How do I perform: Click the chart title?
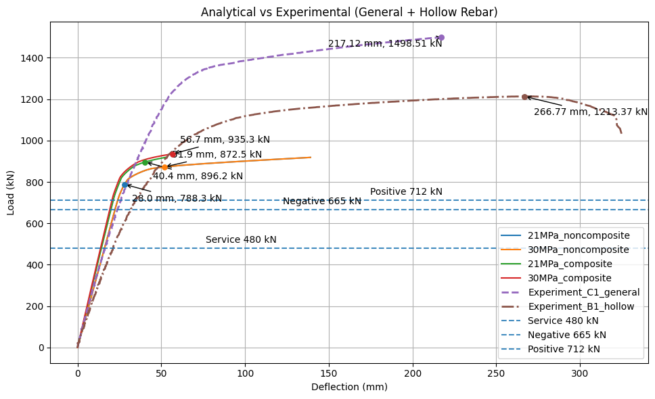(349, 11)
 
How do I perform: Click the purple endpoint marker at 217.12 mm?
(441, 38)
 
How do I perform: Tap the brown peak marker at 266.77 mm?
(524, 97)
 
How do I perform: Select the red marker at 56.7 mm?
(173, 154)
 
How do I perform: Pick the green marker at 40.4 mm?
(145, 162)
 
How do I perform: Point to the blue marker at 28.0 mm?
(125, 185)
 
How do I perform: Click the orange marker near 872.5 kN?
(164, 167)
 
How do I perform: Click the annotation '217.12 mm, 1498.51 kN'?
(385, 44)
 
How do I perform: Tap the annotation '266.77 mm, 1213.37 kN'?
(591, 112)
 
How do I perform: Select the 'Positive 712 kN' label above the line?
(406, 192)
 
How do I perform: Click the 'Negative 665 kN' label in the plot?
(322, 202)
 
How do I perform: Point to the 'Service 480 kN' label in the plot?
(241, 240)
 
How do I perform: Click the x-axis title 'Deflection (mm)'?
(349, 388)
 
